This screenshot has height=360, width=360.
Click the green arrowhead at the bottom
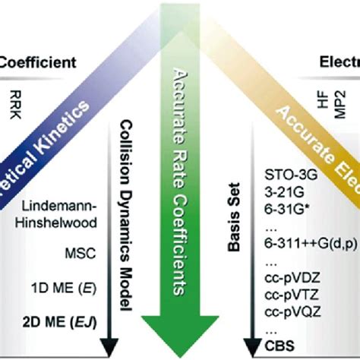coord(181,330)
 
